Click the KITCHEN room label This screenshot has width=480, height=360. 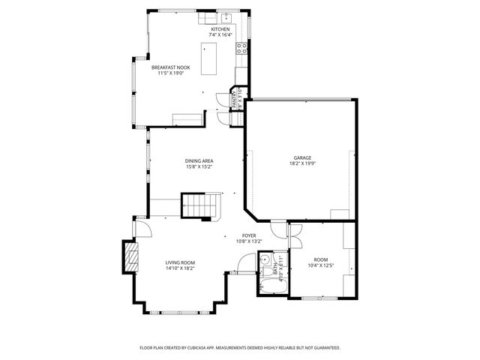coord(219,29)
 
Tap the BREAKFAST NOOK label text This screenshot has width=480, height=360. coord(174,67)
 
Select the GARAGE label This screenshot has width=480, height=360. coord(302,157)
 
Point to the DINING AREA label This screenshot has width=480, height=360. coord(199,160)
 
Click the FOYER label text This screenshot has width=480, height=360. coord(249,235)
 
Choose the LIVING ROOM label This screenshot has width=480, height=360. coord(180,262)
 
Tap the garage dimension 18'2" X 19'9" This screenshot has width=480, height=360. coord(302,163)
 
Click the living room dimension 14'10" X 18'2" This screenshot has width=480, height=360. coord(180,268)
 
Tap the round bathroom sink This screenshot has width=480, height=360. coord(265,259)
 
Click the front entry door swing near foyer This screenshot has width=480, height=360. coord(244,263)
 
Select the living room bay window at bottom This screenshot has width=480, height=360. coord(180,310)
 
